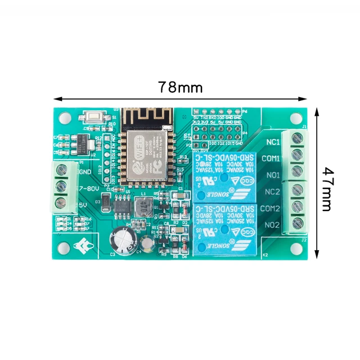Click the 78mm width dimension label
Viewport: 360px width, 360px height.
pyautogui.click(x=179, y=87)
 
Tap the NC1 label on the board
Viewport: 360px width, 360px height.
pyautogui.click(x=273, y=142)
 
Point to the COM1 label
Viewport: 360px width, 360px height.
pyautogui.click(x=272, y=159)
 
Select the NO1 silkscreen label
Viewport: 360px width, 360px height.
pyautogui.click(x=273, y=175)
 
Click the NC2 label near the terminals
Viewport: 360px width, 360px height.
pyautogui.click(x=273, y=192)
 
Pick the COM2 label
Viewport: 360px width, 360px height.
pyautogui.click(x=272, y=208)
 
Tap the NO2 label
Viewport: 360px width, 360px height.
pyautogui.click(x=273, y=224)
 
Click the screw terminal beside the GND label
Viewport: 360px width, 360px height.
pyautogui.click(x=64, y=171)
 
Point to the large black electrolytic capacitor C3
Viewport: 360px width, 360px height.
pyautogui.click(x=125, y=241)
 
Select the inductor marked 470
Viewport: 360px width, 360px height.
pyautogui.click(x=144, y=208)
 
